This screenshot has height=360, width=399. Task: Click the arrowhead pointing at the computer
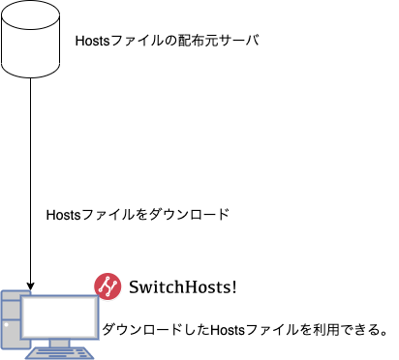tap(33, 287)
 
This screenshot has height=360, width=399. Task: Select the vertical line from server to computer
tap(33, 174)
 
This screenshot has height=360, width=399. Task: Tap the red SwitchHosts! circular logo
tap(107, 285)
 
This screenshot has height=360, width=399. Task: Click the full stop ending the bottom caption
tap(384, 332)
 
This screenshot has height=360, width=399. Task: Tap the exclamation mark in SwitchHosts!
tap(232, 286)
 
